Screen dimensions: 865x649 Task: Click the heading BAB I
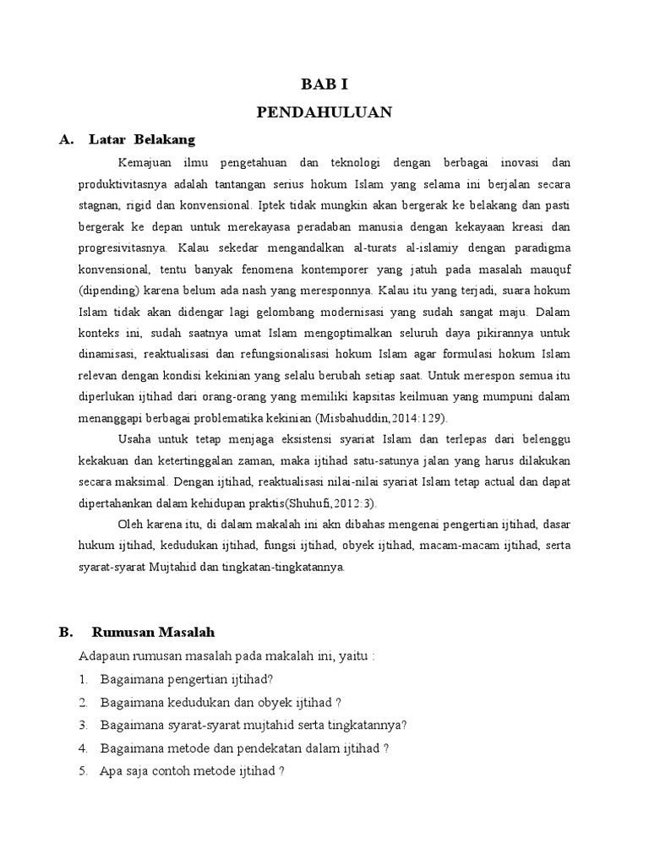(x=324, y=84)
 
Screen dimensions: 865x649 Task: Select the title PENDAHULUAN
(x=324, y=112)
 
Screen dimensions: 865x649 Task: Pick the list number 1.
(x=83, y=679)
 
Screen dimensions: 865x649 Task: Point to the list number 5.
(x=83, y=770)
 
